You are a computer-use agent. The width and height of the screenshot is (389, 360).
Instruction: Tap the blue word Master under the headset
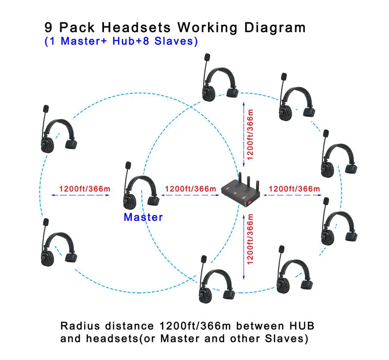[143, 217]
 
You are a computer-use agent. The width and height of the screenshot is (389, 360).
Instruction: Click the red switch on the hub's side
[249, 203]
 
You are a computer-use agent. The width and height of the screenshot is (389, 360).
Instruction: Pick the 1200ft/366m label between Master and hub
[191, 189]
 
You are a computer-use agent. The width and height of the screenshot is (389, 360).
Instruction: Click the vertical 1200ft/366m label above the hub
[250, 134]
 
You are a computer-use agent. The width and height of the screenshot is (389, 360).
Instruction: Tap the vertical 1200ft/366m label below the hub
[250, 239]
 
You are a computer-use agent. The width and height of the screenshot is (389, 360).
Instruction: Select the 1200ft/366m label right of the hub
[294, 189]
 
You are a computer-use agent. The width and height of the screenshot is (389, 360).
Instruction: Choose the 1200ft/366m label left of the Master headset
[85, 189]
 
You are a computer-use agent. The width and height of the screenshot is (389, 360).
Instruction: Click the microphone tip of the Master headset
[128, 165]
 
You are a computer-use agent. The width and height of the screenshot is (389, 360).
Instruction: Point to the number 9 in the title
[48, 27]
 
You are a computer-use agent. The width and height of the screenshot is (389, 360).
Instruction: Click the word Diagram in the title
[275, 28]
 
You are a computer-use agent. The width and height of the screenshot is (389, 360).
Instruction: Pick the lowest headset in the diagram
[216, 279]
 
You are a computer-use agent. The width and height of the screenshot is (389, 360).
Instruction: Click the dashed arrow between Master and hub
[190, 195]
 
